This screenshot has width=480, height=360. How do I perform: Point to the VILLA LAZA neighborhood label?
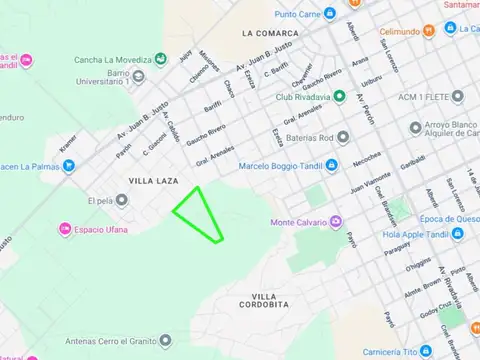(152, 180)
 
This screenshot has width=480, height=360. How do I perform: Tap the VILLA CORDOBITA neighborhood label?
(264, 301)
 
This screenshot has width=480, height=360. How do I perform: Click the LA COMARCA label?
(270, 33)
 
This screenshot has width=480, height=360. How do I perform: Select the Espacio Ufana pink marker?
(65, 230)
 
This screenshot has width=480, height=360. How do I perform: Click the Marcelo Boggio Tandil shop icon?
(331, 165)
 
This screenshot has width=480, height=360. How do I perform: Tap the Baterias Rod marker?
(343, 137)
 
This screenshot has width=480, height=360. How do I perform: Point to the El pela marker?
(121, 200)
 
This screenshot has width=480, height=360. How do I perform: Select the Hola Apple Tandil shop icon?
(457, 236)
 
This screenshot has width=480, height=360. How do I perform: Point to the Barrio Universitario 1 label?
(109, 79)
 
